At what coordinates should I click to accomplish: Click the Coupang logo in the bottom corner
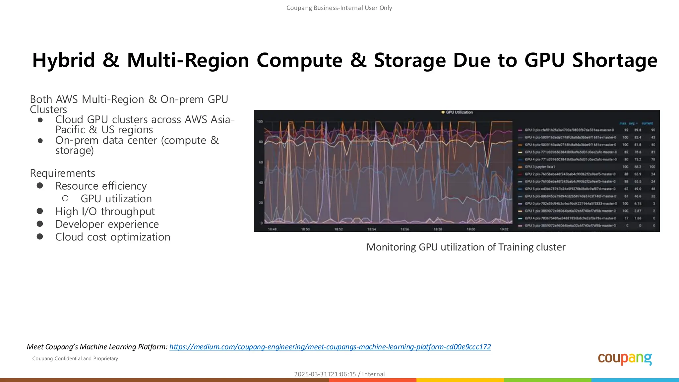click(x=625, y=359)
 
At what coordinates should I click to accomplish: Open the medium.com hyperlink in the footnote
click(x=330, y=347)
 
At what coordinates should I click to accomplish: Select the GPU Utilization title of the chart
click(x=459, y=112)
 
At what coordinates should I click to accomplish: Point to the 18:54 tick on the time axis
click(x=372, y=229)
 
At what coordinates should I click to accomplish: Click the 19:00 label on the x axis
click(x=471, y=229)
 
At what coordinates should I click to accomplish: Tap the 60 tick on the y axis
click(x=261, y=162)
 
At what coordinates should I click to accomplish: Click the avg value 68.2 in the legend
click(x=638, y=167)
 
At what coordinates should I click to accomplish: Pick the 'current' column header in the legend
click(x=647, y=123)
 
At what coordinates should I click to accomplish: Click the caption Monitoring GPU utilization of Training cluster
click(x=466, y=247)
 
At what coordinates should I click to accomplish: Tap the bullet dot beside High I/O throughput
click(x=40, y=211)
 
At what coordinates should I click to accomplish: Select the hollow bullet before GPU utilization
click(x=65, y=198)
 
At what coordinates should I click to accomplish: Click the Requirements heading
click(x=62, y=173)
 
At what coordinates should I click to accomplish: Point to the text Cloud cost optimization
click(x=113, y=237)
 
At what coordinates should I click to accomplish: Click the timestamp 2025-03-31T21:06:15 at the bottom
click(x=325, y=374)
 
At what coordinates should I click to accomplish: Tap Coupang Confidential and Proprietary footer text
click(x=75, y=358)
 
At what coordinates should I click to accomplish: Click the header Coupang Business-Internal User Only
click(x=339, y=8)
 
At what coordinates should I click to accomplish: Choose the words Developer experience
click(x=107, y=224)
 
